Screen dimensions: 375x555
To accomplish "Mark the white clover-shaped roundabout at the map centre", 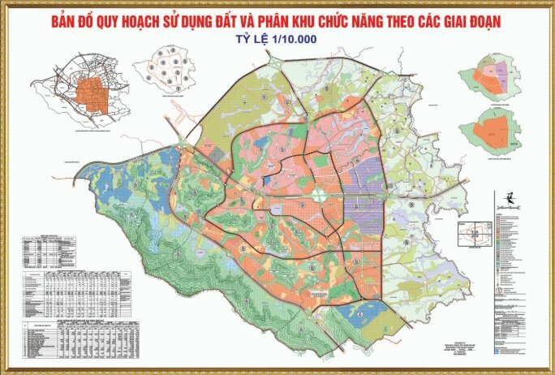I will [321, 195].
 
